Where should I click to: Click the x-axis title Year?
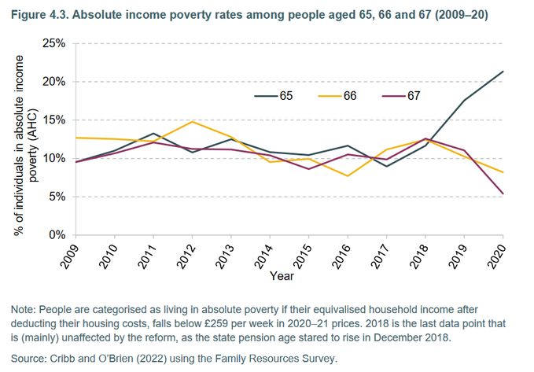click(x=282, y=276)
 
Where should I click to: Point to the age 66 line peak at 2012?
click(x=191, y=122)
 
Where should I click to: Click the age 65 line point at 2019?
click(x=464, y=101)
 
